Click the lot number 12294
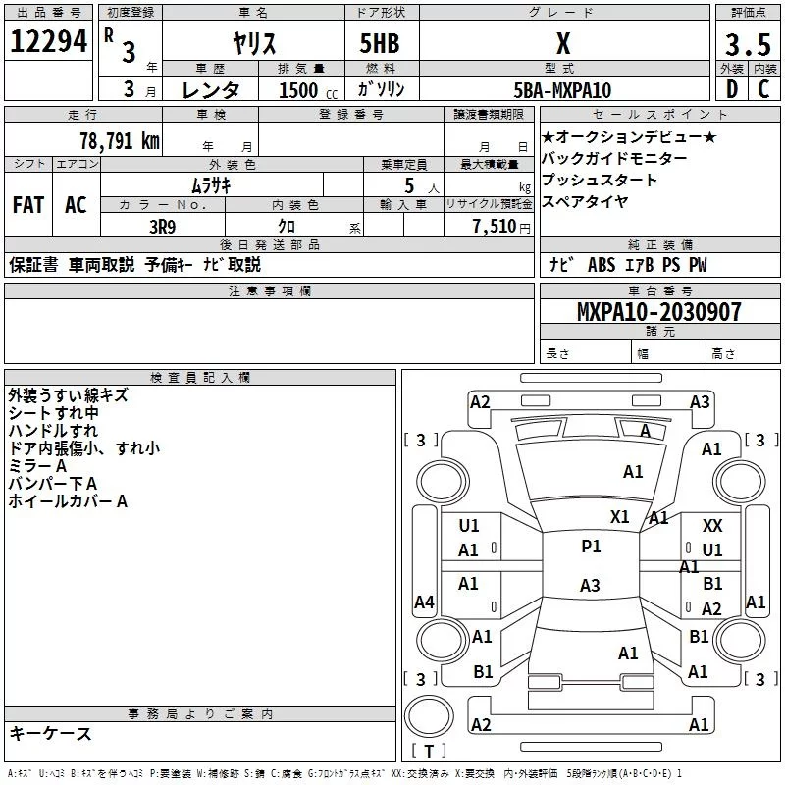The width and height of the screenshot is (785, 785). point(48,41)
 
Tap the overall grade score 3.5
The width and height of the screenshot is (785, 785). point(748,44)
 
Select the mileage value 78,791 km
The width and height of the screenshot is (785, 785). point(120,140)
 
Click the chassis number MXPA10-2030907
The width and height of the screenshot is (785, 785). point(658,311)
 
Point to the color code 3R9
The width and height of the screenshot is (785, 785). point(163,227)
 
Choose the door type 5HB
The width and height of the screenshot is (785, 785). point(380,43)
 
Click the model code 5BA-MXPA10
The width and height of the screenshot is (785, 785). point(562,90)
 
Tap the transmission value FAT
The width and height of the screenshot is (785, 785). point(28,205)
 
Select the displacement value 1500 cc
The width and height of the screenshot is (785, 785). point(308,90)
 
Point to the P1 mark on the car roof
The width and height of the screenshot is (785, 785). point(591,547)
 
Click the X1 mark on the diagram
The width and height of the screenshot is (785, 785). point(620,517)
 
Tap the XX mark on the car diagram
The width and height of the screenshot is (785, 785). point(712,526)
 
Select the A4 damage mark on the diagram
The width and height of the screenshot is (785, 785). point(424,602)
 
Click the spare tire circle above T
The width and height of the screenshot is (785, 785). point(429,716)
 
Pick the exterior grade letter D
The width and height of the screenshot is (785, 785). point(732,89)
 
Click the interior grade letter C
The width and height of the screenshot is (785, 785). point(763,89)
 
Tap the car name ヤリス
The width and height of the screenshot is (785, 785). point(254,43)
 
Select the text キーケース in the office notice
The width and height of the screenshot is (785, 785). point(50,733)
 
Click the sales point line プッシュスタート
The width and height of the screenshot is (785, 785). point(599,180)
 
